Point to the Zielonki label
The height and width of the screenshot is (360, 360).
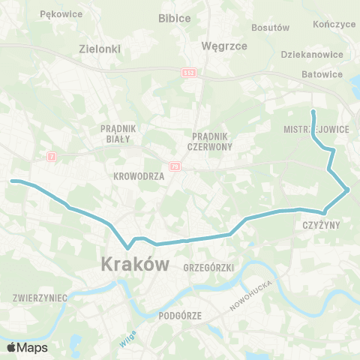(x=100, y=49)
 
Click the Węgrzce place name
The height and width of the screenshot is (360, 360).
(x=225, y=46)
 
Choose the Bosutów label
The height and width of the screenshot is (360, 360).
(x=271, y=28)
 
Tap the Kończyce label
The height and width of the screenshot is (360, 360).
(x=335, y=24)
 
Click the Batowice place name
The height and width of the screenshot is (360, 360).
(x=322, y=74)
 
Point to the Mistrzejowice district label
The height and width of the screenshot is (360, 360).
(x=316, y=128)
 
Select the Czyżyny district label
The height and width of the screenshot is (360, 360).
(x=322, y=224)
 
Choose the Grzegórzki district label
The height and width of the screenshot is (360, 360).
(x=209, y=267)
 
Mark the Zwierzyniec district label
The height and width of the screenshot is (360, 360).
(x=40, y=298)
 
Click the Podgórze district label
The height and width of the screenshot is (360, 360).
(x=181, y=316)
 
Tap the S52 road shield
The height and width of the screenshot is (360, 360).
(x=189, y=71)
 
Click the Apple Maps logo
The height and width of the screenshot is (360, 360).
(x=26, y=347)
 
